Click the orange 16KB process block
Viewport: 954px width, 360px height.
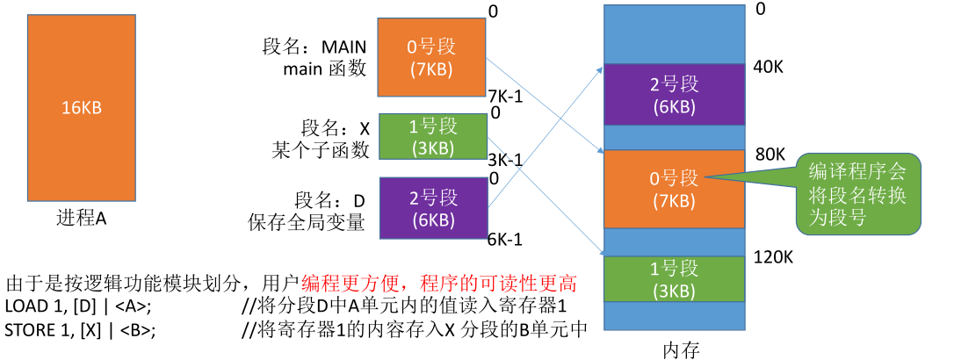pyautogui.click(x=81, y=108)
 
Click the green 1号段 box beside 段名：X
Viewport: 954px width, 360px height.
pyautogui.click(x=431, y=136)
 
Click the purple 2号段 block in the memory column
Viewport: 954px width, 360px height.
pyautogui.click(x=675, y=95)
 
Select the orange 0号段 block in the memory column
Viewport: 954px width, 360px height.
pyautogui.click(x=675, y=189)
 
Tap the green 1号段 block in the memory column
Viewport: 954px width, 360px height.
pyautogui.click(x=675, y=278)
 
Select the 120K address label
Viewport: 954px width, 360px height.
pyautogui.click(x=774, y=256)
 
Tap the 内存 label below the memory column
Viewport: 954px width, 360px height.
pyautogui.click(x=679, y=349)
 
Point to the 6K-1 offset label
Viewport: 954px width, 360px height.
pyautogui.click(x=506, y=238)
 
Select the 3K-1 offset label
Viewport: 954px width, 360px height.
pyautogui.click(x=505, y=161)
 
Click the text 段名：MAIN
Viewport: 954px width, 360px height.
pyautogui.click(x=314, y=46)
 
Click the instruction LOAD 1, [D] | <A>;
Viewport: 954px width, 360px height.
pyautogui.click(x=78, y=306)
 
